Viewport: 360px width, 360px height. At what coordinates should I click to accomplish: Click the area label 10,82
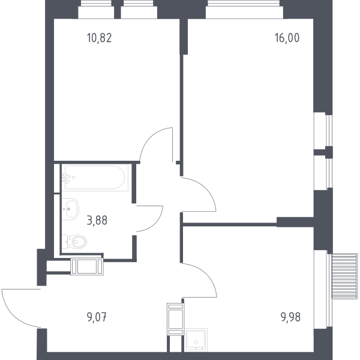click(x=100, y=38)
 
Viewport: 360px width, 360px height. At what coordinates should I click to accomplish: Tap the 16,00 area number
click(x=287, y=38)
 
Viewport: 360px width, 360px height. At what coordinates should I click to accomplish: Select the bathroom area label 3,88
click(x=97, y=220)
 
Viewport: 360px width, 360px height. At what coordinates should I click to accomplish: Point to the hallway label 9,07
click(x=97, y=317)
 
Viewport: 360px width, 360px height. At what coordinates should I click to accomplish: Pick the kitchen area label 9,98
click(x=290, y=317)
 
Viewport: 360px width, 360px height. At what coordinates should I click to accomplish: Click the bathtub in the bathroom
click(x=95, y=178)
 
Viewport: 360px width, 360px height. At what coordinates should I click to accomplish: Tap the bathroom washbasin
click(x=70, y=209)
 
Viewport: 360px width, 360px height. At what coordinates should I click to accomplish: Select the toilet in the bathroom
click(x=74, y=242)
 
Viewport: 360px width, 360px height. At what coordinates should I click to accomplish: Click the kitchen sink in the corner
click(x=196, y=340)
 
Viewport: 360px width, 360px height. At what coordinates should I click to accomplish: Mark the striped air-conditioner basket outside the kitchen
click(x=344, y=276)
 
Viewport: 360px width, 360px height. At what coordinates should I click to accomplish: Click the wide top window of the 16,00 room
click(x=244, y=9)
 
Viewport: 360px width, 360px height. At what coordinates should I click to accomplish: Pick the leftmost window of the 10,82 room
click(x=96, y=9)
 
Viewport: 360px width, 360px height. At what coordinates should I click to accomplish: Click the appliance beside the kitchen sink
click(x=176, y=319)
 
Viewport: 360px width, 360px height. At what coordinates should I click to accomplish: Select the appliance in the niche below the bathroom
click(x=87, y=266)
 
